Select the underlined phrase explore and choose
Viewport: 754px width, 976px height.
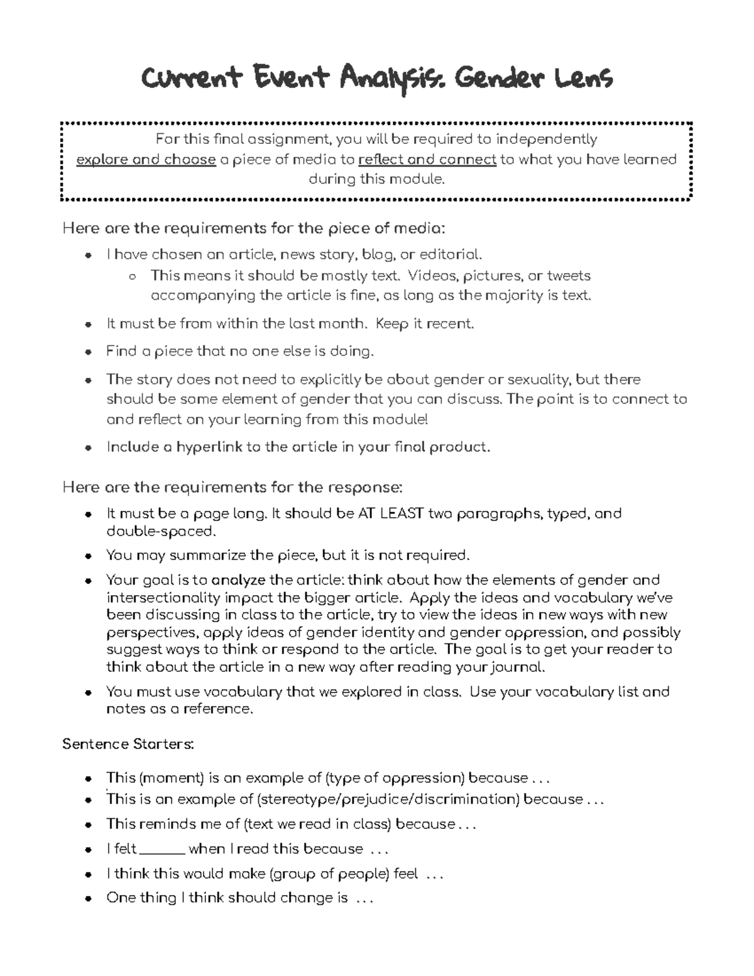click(146, 160)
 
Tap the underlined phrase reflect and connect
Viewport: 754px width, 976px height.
click(427, 160)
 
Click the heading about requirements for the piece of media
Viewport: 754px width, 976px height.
click(254, 228)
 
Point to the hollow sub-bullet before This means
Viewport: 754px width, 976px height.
click(131, 276)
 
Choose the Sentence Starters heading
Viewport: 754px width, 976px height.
click(128, 744)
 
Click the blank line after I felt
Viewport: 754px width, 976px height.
click(162, 849)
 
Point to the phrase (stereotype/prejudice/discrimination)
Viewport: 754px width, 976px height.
click(388, 799)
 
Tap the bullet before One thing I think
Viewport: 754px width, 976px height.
click(89, 899)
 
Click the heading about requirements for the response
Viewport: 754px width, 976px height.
click(232, 487)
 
